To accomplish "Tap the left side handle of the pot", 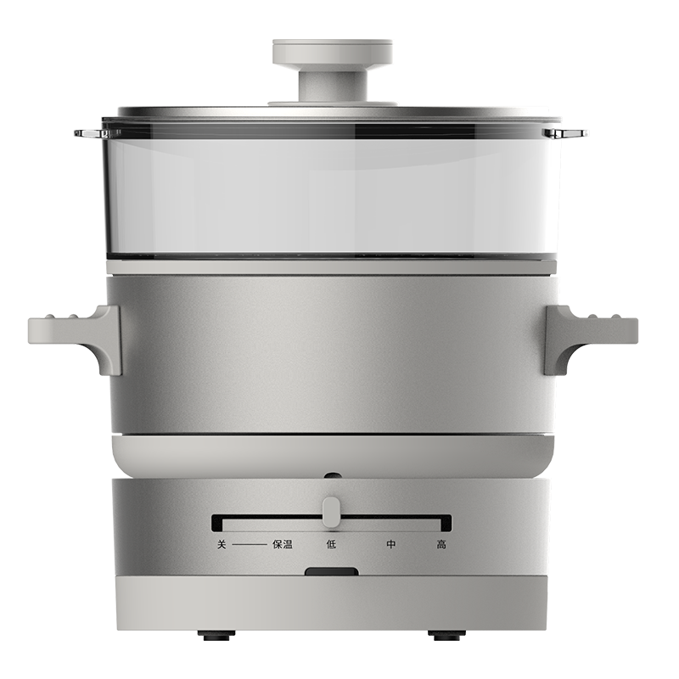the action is click(x=76, y=335).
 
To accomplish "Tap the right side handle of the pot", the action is click(x=592, y=335).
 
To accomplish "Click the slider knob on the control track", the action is click(x=331, y=512).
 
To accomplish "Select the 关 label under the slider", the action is click(x=222, y=544).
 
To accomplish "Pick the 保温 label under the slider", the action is click(x=283, y=544).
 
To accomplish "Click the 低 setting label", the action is click(x=331, y=544).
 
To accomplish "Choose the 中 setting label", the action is click(x=391, y=544).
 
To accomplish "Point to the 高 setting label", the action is click(x=441, y=544).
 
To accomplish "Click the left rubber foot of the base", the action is click(x=216, y=635).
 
